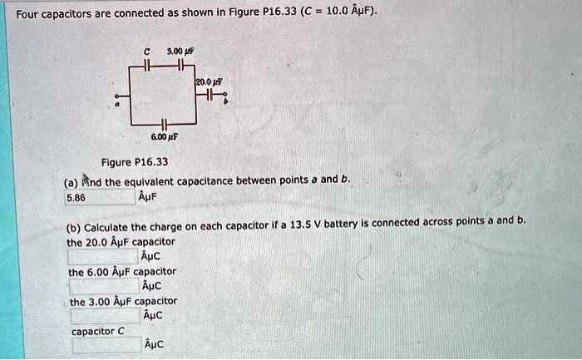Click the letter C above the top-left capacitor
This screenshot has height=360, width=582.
pyautogui.click(x=146, y=52)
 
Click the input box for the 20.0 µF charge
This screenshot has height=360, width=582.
pyautogui.click(x=104, y=256)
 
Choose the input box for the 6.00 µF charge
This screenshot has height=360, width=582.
pyautogui.click(x=104, y=286)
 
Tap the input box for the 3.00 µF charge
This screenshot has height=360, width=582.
pyautogui.click(x=104, y=316)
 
